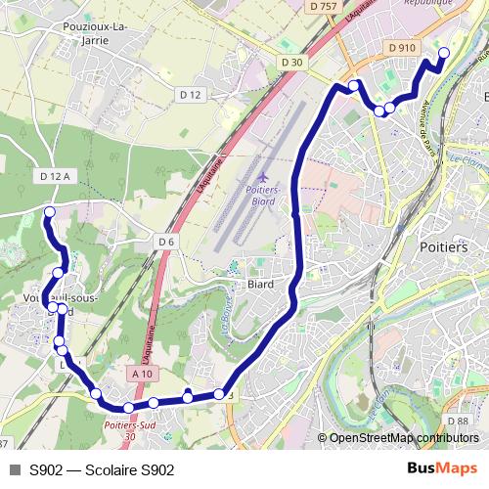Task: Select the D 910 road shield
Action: point(401,47)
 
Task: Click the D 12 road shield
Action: point(190,95)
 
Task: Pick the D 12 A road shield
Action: point(56,176)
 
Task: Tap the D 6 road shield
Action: point(165,242)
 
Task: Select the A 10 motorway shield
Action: point(143,374)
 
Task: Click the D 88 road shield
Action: point(463,422)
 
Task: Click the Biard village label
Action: point(259,285)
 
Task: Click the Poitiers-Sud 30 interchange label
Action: point(130,431)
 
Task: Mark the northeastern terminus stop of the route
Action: point(443,54)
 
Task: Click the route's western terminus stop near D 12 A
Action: point(49,211)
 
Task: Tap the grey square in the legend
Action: point(14,470)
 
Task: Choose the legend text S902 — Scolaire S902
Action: point(102,470)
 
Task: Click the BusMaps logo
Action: point(441,469)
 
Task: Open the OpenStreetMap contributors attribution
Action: point(404,438)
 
